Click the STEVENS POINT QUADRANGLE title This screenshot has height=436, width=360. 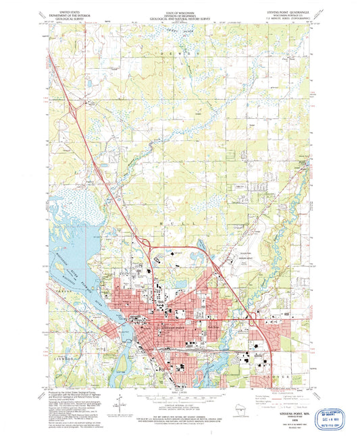click(x=290, y=12)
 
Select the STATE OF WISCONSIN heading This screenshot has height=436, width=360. click(x=180, y=12)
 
